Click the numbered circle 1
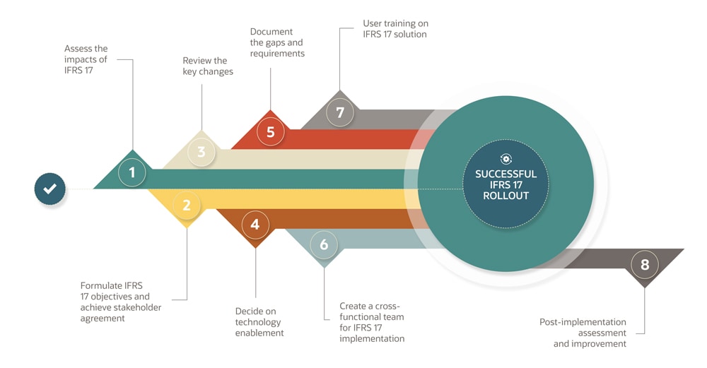[132, 172]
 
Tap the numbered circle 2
[187, 206]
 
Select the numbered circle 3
[201, 152]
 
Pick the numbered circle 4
[255, 225]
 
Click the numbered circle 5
[270, 131]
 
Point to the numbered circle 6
[324, 245]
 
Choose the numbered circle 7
[340, 112]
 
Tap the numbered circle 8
[644, 266]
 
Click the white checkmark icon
[50, 189]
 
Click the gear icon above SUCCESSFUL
[506, 160]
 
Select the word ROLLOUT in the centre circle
[506, 196]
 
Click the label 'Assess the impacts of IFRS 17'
[86, 59]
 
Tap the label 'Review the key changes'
[208, 66]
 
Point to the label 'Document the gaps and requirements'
[277, 42]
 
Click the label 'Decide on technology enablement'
[259, 321]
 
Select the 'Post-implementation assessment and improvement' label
[583, 333]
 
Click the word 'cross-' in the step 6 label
[389, 307]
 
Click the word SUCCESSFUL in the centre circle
[506, 174]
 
